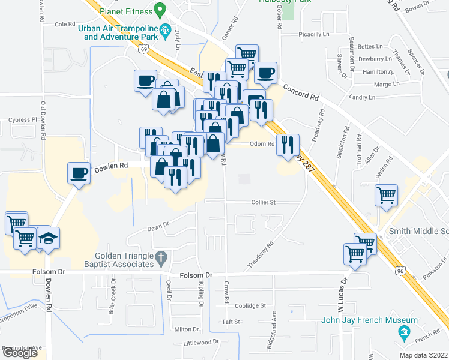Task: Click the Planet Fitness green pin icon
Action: click(160, 10)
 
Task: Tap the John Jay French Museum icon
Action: click(405, 332)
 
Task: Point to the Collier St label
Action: click(263, 203)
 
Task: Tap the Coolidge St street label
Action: click(250, 305)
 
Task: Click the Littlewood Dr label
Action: click(202, 342)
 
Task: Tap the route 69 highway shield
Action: click(144, 50)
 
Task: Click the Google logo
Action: click(20, 353)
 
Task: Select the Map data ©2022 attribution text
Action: click(423, 355)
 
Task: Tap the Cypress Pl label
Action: click(23, 120)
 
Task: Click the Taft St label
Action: click(231, 322)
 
